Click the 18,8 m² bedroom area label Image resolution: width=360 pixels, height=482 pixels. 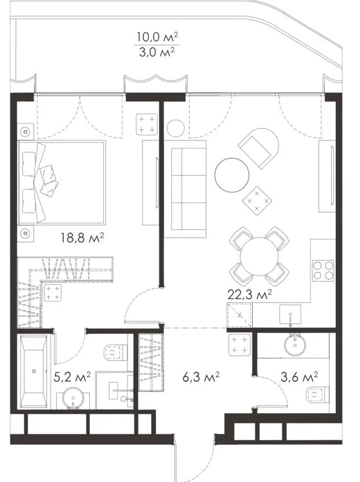82,238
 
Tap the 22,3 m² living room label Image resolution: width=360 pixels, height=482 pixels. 249,294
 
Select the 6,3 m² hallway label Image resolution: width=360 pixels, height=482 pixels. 201,377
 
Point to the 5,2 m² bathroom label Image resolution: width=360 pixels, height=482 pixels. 72,377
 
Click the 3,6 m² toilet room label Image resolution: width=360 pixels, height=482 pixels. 299,377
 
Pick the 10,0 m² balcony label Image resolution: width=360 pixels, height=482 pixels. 157,37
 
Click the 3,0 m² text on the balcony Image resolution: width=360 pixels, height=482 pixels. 157,52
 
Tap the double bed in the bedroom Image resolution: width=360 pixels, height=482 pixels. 62,182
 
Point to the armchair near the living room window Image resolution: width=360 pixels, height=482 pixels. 259,148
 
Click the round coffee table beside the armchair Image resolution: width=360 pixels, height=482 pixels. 232,175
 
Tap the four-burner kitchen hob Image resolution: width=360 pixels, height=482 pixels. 323,271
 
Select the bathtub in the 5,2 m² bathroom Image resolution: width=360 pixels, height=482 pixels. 34,371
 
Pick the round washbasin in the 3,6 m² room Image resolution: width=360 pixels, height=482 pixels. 295,345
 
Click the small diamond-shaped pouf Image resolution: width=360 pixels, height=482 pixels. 257,200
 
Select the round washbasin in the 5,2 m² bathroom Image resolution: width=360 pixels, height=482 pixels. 73,399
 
